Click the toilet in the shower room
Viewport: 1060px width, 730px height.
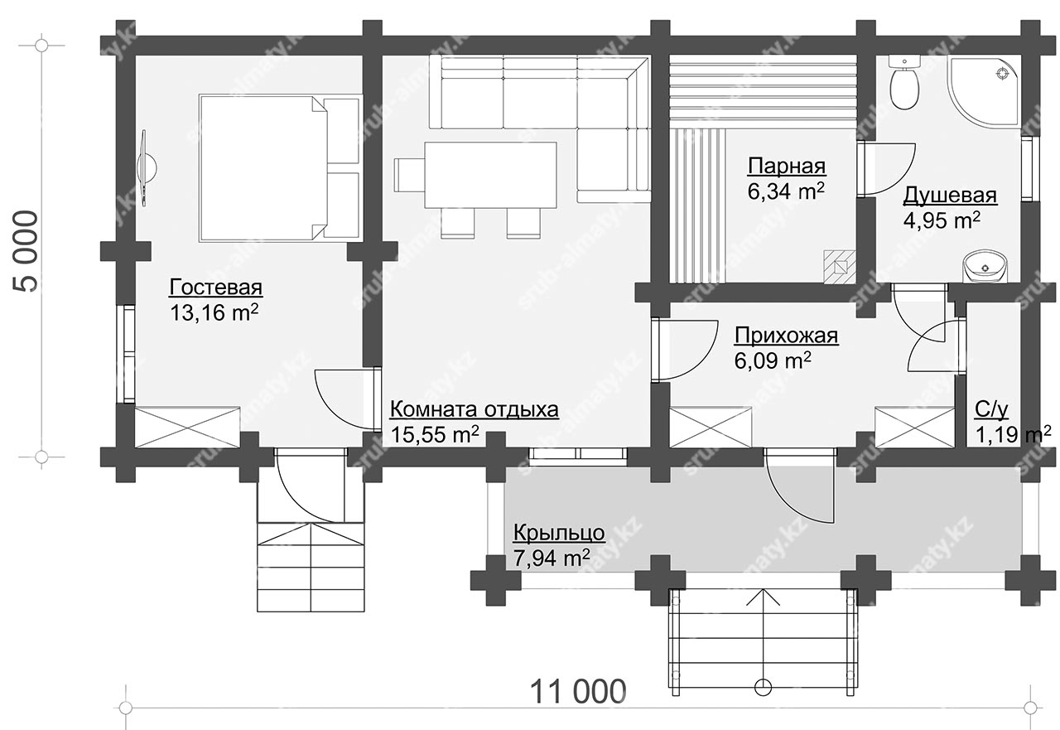tap(903, 82)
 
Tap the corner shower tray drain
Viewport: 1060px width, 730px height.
tap(1001, 74)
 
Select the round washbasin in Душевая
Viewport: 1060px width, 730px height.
tap(985, 267)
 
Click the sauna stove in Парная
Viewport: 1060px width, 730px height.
tap(840, 267)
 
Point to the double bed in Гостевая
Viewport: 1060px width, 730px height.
tap(280, 167)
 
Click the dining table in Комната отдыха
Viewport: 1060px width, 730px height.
tap(490, 175)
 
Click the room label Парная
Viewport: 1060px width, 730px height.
tap(787, 167)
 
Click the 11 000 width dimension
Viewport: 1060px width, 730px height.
tap(578, 692)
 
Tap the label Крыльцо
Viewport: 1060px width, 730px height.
tap(559, 534)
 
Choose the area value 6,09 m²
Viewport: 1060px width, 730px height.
tap(773, 360)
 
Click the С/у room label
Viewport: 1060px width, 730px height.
tap(991, 410)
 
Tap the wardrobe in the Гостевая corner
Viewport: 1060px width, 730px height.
tap(187, 427)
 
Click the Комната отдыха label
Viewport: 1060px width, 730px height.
tap(474, 410)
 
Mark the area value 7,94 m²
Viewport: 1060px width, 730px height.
tap(552, 558)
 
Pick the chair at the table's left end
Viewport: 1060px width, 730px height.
tap(409, 175)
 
